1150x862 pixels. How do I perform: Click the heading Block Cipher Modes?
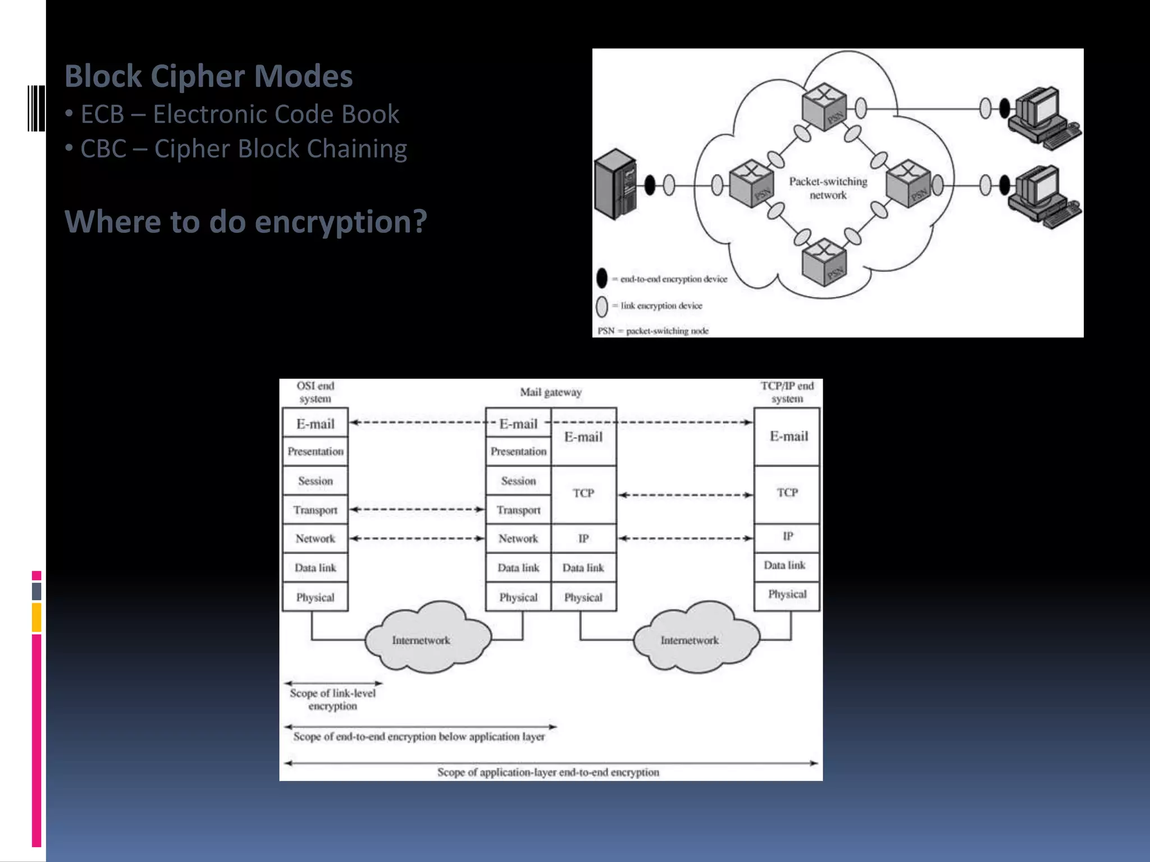[x=208, y=76]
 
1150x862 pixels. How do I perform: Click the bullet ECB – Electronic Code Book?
[x=239, y=114]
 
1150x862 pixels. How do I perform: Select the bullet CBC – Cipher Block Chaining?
[x=243, y=149]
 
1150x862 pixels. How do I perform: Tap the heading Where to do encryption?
[x=245, y=222]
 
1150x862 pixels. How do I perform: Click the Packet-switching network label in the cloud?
[x=828, y=188]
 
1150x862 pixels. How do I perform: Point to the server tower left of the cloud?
[x=616, y=185]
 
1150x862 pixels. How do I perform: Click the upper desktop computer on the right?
[x=1042, y=116]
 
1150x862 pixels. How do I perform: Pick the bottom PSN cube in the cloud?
[x=824, y=262]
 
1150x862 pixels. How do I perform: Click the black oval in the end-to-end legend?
[x=602, y=278]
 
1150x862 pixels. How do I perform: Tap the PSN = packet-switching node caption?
[x=653, y=331]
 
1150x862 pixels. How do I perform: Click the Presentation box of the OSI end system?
[x=315, y=452]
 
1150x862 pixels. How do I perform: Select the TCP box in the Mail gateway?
[x=583, y=493]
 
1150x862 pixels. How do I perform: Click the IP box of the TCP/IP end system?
[x=787, y=537]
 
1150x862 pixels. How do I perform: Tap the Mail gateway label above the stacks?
[x=550, y=392]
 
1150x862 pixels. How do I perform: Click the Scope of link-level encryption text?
[x=332, y=699]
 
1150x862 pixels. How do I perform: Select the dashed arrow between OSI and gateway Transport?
[x=417, y=510]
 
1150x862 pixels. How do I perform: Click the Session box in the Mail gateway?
[x=518, y=481]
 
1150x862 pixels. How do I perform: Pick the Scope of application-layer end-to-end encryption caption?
[x=548, y=772]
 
